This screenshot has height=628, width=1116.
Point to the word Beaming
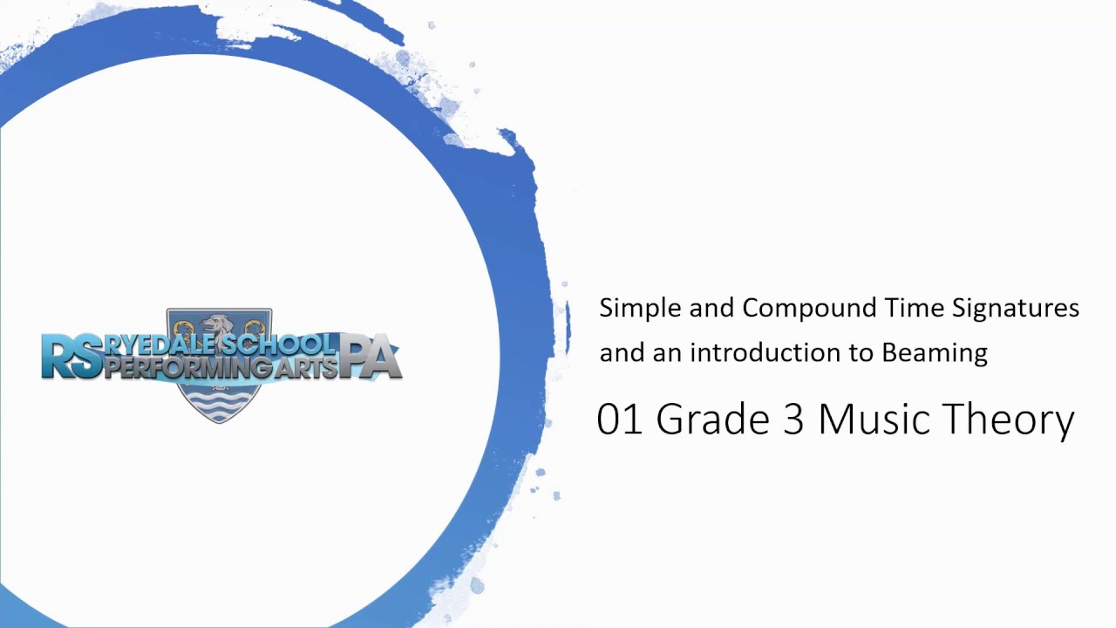pos(935,353)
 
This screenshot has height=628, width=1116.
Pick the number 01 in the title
pos(620,420)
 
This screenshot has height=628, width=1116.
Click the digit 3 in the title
pos(793,420)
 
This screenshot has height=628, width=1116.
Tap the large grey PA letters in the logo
pos(370,358)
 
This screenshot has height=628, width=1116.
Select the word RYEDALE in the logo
pos(162,345)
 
